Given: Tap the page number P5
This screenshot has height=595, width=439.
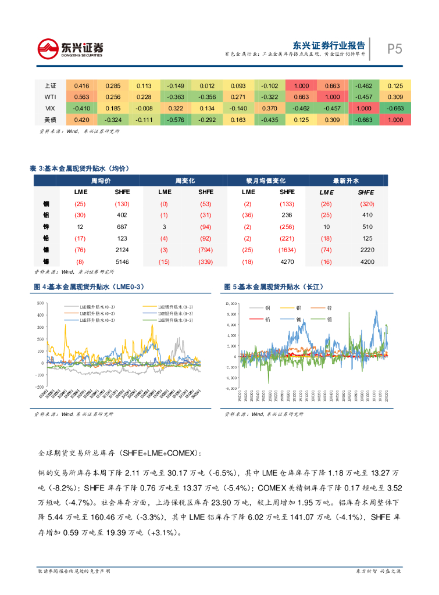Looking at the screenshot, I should coord(395,49).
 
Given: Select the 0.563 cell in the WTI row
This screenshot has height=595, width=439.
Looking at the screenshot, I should coord(82,96).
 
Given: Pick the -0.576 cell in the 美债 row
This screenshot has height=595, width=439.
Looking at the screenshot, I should coord(176,120).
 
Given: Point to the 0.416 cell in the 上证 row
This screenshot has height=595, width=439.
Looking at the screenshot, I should coord(82,85).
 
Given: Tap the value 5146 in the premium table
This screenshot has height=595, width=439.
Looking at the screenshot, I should coord(122,261).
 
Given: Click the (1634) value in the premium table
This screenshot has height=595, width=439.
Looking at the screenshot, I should coord(287,250).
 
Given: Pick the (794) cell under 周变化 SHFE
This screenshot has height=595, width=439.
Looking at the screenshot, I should coord(205,250).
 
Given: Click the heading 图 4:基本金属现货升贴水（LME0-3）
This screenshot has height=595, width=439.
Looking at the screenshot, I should coord(89,287).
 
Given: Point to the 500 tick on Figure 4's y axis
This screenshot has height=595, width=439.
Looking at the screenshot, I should coord(40,303).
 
